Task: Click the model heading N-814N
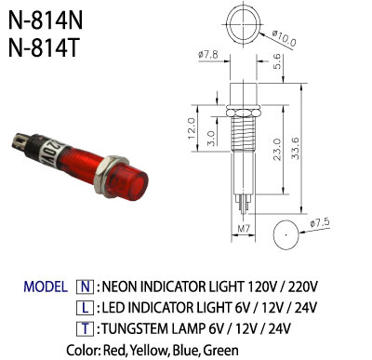coord(46,20)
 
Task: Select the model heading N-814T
coord(44,47)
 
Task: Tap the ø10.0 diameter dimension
coord(284,38)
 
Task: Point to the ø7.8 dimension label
coord(208,55)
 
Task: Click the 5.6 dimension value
coord(277,61)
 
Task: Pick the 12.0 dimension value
coord(192,128)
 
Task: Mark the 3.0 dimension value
coord(211,138)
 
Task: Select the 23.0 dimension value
coord(277,150)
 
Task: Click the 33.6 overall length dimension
coord(296,149)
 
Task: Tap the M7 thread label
coord(244,229)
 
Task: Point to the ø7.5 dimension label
coord(320,223)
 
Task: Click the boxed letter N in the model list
coord(85,287)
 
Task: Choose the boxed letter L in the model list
coord(85,308)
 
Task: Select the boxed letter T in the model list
coord(85,328)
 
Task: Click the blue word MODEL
coord(46,287)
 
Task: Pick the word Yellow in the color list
coord(150,351)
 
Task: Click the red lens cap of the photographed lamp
coord(128,183)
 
